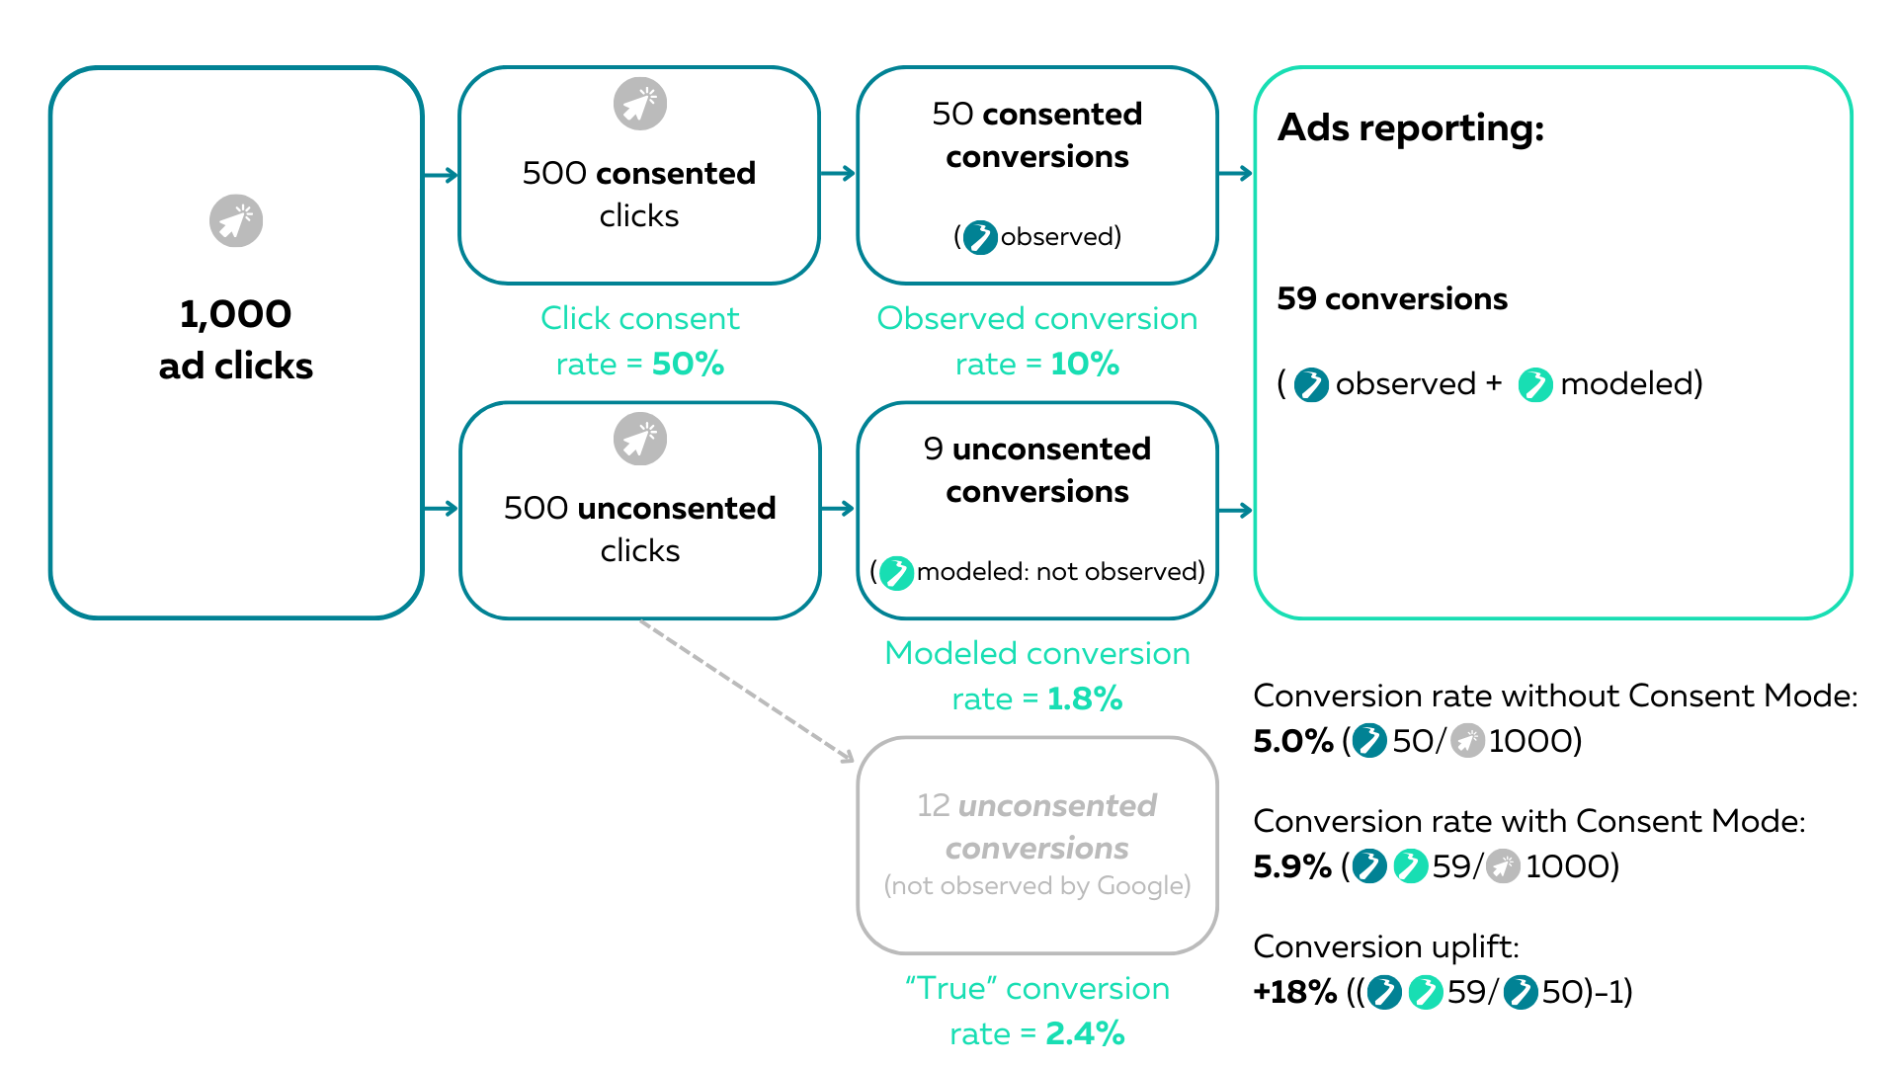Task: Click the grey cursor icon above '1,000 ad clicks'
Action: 236,220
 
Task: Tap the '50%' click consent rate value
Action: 688,364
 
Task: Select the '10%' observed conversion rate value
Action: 1084,364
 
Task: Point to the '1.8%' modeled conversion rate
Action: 1084,698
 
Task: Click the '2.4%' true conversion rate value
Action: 1085,1033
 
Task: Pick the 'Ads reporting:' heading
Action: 1411,128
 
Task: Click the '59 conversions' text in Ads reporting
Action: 1392,298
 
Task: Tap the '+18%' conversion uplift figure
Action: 1294,991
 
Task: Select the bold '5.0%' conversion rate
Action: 1293,740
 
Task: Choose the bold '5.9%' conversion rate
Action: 1292,865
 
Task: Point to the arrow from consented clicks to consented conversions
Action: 838,174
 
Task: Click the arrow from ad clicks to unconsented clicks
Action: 442,509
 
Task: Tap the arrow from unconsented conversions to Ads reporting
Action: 1236,510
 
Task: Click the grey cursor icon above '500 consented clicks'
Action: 640,104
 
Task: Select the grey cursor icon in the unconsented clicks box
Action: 640,439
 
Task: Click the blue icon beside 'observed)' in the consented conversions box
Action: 980,237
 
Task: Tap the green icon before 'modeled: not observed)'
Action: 896,572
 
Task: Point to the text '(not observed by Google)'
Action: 1037,886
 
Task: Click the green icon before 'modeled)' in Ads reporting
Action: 1535,384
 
